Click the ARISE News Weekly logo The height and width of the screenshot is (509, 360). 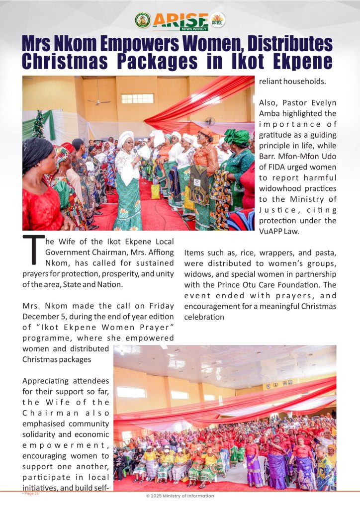(180, 20)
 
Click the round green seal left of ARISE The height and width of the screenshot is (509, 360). (143, 20)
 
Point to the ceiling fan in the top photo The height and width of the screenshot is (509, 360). (99, 101)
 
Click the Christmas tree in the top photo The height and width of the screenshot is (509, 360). (38, 124)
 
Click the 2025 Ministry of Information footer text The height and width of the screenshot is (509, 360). (180, 496)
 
